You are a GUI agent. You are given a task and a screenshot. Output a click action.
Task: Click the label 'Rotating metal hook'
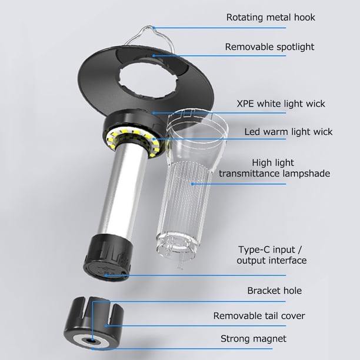[x=271, y=18]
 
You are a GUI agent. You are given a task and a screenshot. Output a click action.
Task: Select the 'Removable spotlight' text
[x=269, y=47]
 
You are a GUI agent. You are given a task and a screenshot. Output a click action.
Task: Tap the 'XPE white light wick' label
[x=281, y=104]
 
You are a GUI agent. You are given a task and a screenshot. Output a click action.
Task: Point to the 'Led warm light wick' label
[x=288, y=132]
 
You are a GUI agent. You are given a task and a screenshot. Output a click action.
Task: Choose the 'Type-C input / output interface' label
[x=271, y=255]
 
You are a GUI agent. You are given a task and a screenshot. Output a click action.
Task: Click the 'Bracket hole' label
[x=274, y=291]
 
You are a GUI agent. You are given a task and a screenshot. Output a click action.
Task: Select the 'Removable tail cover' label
[x=259, y=316]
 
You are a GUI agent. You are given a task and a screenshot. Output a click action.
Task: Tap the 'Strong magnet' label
[x=254, y=339]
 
